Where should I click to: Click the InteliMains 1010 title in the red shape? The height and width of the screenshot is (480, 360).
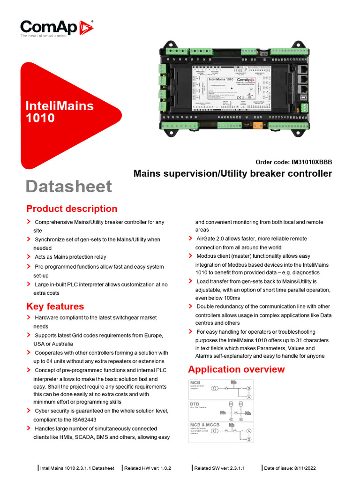click(x=59, y=112)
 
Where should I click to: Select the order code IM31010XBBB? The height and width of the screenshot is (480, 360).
click(x=293, y=162)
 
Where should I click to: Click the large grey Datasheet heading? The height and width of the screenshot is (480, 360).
click(x=68, y=186)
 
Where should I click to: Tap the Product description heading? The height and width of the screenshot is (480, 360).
click(x=72, y=209)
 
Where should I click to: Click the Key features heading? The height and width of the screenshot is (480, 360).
click(x=55, y=306)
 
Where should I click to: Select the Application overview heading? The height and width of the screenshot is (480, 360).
click(x=236, y=369)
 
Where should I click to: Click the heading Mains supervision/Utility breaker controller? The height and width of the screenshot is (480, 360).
click(x=232, y=173)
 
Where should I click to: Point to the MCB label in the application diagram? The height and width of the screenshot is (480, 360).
click(x=195, y=382)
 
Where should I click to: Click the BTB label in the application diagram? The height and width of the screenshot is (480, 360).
click(x=195, y=403)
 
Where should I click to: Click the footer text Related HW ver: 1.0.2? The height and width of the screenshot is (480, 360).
click(x=148, y=468)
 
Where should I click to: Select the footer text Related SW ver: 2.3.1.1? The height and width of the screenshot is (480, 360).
click(x=219, y=468)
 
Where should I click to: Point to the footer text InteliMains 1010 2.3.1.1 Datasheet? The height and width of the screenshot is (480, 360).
click(x=77, y=468)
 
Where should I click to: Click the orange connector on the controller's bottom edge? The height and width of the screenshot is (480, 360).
click(x=257, y=125)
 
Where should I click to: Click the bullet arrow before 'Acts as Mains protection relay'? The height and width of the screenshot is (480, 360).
click(x=29, y=256)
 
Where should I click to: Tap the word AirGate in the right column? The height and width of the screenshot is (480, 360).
click(x=206, y=239)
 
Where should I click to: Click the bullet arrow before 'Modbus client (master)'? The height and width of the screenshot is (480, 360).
click(x=190, y=255)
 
